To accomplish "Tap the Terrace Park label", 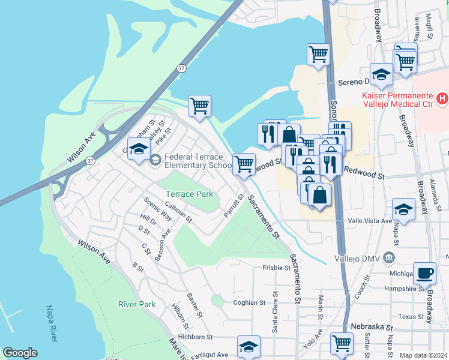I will (x=189, y=194).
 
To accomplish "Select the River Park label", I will (x=137, y=304).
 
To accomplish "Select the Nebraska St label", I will (x=372, y=328).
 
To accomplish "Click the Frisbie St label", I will (x=276, y=268).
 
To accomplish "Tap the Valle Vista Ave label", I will (x=366, y=221).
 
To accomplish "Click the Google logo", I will (x=20, y=353).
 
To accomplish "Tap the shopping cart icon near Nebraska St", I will (x=342, y=344).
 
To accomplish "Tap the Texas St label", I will (x=411, y=316).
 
